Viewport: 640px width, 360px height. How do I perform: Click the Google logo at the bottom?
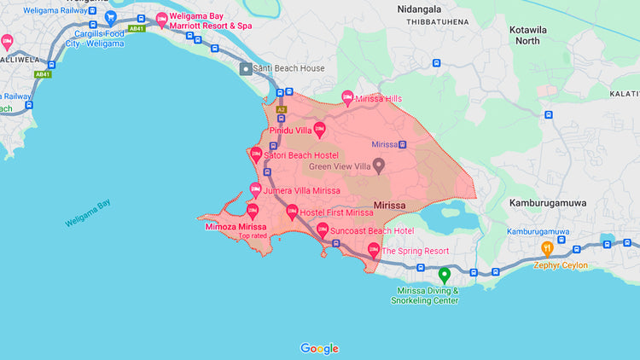(319, 348)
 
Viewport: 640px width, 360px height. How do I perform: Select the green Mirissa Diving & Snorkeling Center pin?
(444, 275)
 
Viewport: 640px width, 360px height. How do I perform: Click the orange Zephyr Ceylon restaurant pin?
(548, 249)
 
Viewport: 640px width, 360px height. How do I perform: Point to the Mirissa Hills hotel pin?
(347, 98)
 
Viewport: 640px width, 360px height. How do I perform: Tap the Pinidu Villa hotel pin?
(320, 131)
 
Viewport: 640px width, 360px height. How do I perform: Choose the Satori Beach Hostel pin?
(256, 154)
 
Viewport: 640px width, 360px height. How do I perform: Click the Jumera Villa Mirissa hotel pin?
(254, 190)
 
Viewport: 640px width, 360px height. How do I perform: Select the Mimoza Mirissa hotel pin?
(253, 211)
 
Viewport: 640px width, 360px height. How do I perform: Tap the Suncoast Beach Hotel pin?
(323, 229)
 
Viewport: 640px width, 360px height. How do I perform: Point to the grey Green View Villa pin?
(381, 164)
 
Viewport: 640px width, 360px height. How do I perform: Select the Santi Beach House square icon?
(246, 68)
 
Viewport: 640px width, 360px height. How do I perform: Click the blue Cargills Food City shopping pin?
(110, 17)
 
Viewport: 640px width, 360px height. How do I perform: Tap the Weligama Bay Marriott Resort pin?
(161, 19)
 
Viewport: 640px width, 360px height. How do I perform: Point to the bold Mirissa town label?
(394, 206)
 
